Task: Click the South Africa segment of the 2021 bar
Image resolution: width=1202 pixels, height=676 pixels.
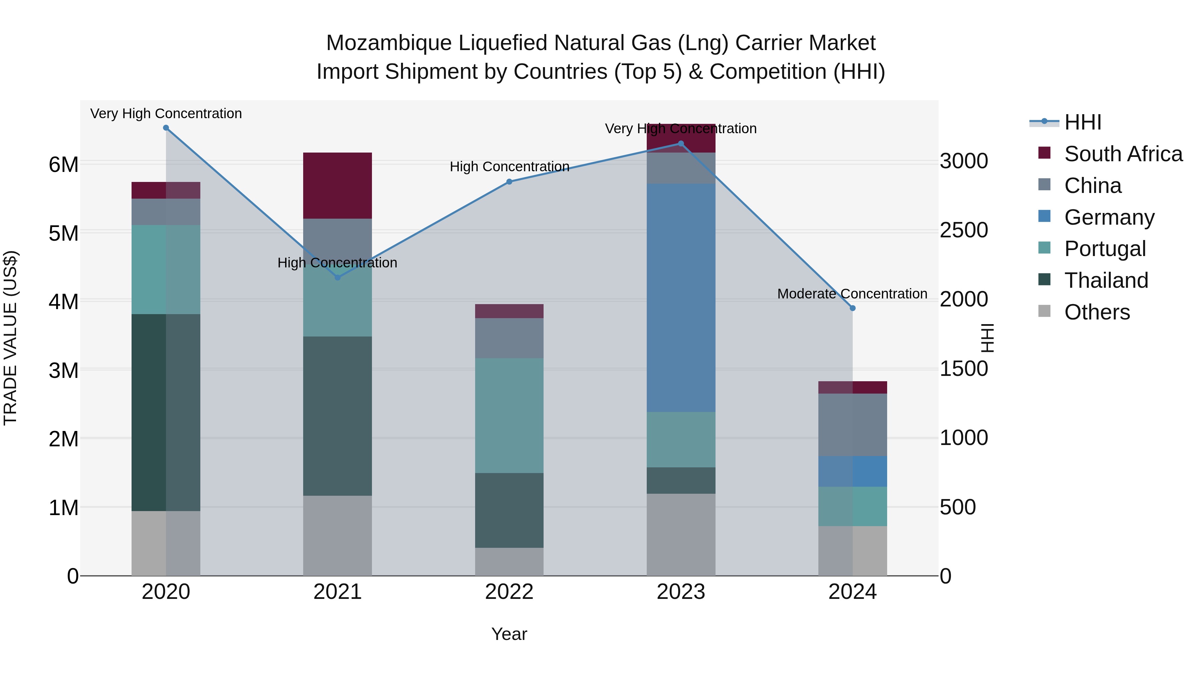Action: point(337,185)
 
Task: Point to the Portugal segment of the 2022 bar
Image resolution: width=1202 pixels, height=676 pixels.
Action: point(509,415)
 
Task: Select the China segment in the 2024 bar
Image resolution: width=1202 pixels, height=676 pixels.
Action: point(852,425)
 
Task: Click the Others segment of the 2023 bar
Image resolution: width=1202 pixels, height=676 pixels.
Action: point(681,534)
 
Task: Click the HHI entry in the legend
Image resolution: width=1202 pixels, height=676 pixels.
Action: point(1082,122)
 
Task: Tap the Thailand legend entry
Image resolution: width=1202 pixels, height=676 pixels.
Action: point(1106,280)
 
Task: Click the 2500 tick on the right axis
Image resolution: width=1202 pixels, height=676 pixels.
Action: point(964,230)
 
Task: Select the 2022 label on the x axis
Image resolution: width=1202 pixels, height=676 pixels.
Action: point(509,592)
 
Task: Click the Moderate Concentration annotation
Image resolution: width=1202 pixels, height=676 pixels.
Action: point(852,294)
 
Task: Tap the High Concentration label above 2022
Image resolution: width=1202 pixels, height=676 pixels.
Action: point(510,167)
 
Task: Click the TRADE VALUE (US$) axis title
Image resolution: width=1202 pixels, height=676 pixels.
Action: point(10,338)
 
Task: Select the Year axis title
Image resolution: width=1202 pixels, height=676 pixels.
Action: point(509,634)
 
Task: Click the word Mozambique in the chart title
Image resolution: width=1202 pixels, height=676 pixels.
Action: point(389,43)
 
